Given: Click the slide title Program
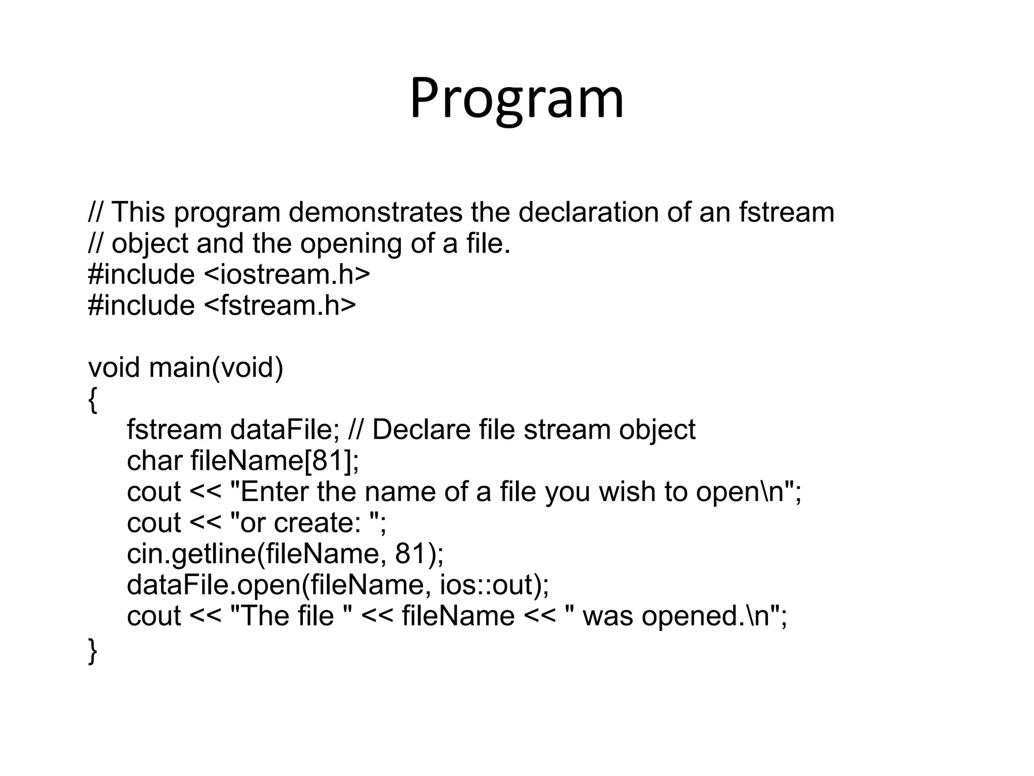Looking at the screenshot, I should (516, 99).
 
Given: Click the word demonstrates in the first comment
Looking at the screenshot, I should (375, 212).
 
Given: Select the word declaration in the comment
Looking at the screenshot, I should (588, 212).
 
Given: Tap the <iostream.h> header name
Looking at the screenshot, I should (287, 274).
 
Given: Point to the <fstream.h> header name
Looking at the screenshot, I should (280, 306).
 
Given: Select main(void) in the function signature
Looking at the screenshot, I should (216, 367).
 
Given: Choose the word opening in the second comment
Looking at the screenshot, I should (351, 244).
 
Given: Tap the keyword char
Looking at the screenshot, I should (154, 461).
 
